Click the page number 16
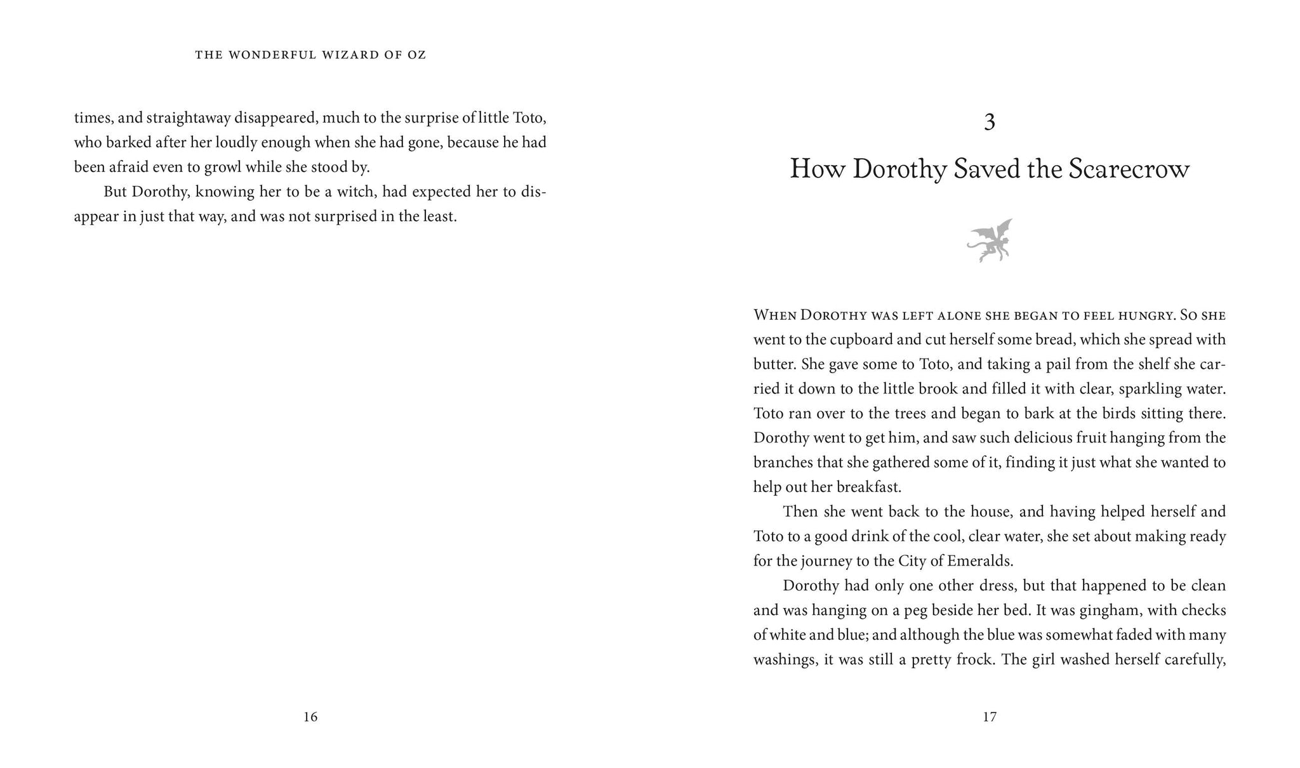[310, 717]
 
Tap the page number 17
[990, 717]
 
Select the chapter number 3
[990, 122]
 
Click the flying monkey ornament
[990, 241]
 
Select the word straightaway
[188, 118]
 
